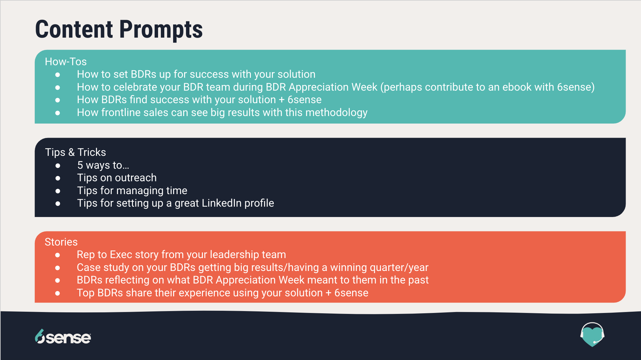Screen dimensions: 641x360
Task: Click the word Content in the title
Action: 74,29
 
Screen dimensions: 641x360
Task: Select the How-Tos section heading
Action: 66,61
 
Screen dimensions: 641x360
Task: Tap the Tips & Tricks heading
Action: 76,152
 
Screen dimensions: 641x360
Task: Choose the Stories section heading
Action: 61,242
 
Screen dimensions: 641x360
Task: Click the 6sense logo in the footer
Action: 63,337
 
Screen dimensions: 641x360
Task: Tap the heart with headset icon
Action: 592,334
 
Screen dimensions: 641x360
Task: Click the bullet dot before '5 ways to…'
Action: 58,166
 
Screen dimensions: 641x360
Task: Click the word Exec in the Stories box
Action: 121,254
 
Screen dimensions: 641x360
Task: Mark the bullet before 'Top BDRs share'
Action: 57,293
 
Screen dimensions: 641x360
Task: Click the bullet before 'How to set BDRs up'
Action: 57,75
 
